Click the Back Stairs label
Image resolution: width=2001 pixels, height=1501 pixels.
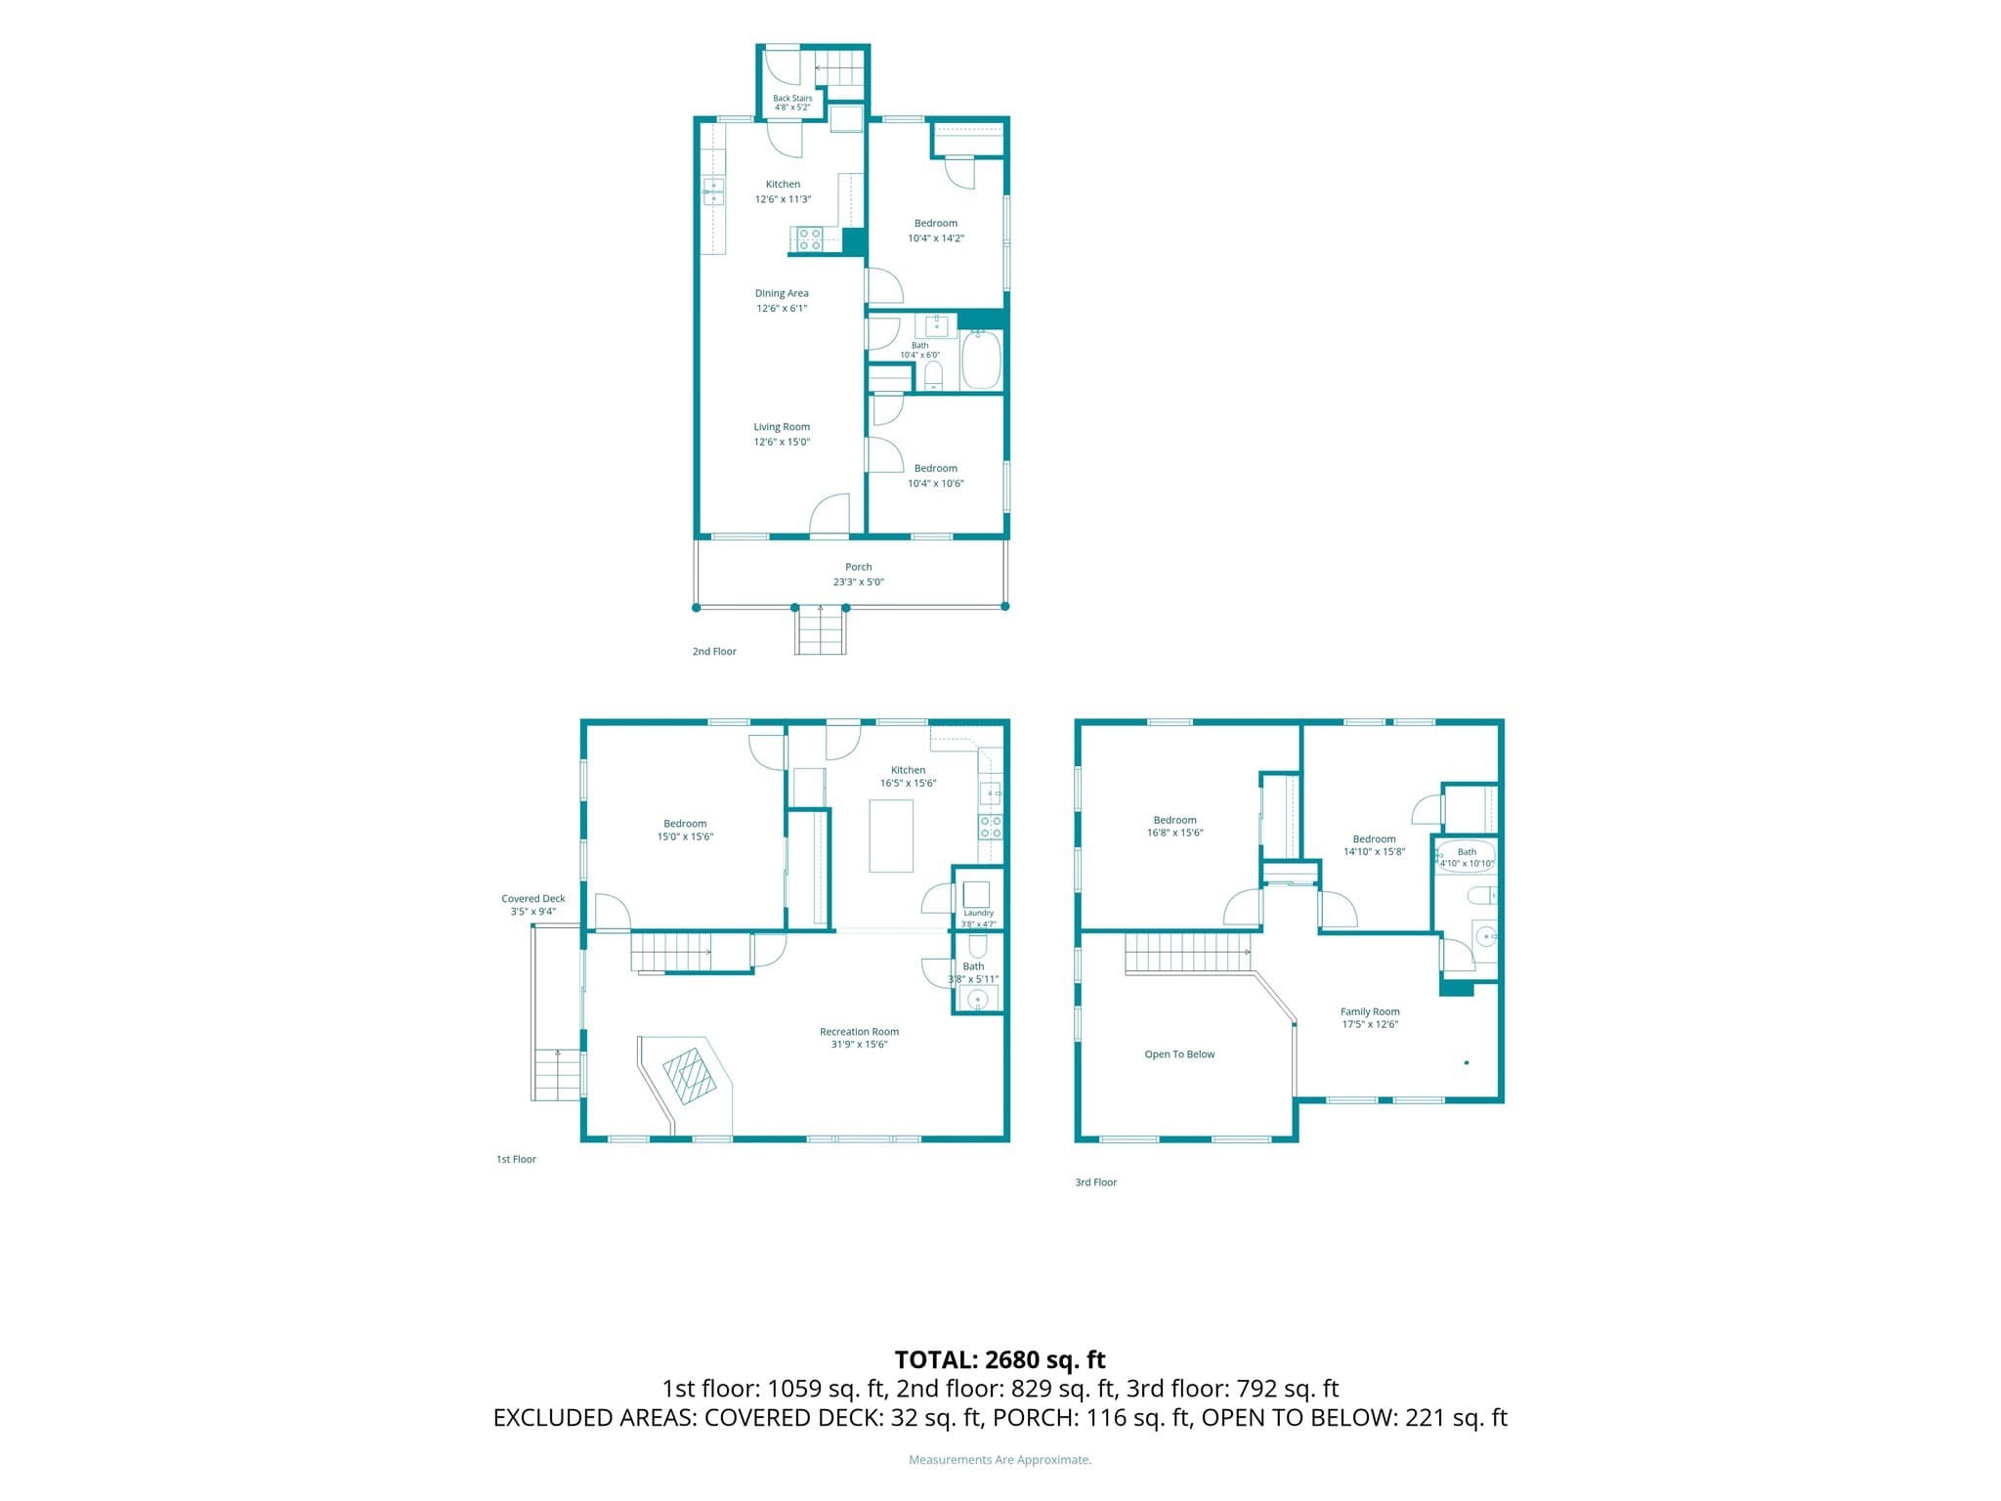[x=792, y=99]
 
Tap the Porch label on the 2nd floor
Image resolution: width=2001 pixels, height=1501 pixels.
[x=859, y=567]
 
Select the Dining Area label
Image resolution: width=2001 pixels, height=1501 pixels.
[x=782, y=293]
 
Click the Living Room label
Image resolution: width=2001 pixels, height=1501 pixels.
[x=782, y=427]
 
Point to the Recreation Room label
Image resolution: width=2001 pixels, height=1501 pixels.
[x=859, y=1032]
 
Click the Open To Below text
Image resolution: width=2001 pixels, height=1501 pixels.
[x=1179, y=1054]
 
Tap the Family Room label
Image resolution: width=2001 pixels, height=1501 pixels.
[x=1370, y=1012]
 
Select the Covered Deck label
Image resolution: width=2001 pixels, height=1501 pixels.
[x=533, y=899]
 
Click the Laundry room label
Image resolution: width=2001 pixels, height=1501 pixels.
[x=978, y=913]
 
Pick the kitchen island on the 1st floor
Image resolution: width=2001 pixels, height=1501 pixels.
[x=891, y=836]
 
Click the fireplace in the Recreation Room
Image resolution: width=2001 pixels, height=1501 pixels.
[x=692, y=1076]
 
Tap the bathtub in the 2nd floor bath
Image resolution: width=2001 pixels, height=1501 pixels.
[x=982, y=360]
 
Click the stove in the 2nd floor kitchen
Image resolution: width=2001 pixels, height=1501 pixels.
[x=810, y=239]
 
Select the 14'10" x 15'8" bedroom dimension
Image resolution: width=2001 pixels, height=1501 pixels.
[x=1374, y=852]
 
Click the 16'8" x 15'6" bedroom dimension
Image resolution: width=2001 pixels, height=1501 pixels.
[x=1174, y=834]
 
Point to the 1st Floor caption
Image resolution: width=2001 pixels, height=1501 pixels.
[x=516, y=1160]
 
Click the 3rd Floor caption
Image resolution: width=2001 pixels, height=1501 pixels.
[x=1095, y=1182]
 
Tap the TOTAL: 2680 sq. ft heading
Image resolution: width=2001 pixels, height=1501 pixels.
[x=1000, y=1359]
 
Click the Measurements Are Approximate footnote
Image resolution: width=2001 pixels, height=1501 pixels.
[x=1000, y=1460]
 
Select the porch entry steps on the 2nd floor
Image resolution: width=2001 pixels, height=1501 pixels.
[x=820, y=631]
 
